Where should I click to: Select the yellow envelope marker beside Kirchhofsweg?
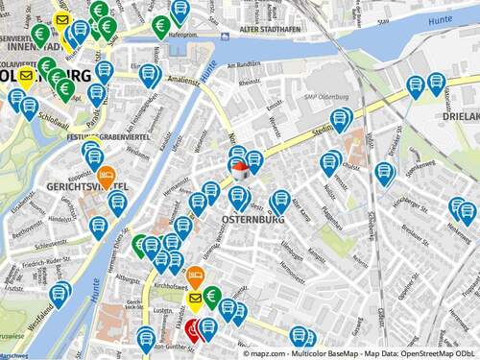click(x=197, y=300)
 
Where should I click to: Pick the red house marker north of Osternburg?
click(x=240, y=170)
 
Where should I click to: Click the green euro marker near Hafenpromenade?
click(x=161, y=25)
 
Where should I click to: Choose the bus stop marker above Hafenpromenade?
click(x=180, y=11)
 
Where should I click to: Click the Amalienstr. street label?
click(x=184, y=83)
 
